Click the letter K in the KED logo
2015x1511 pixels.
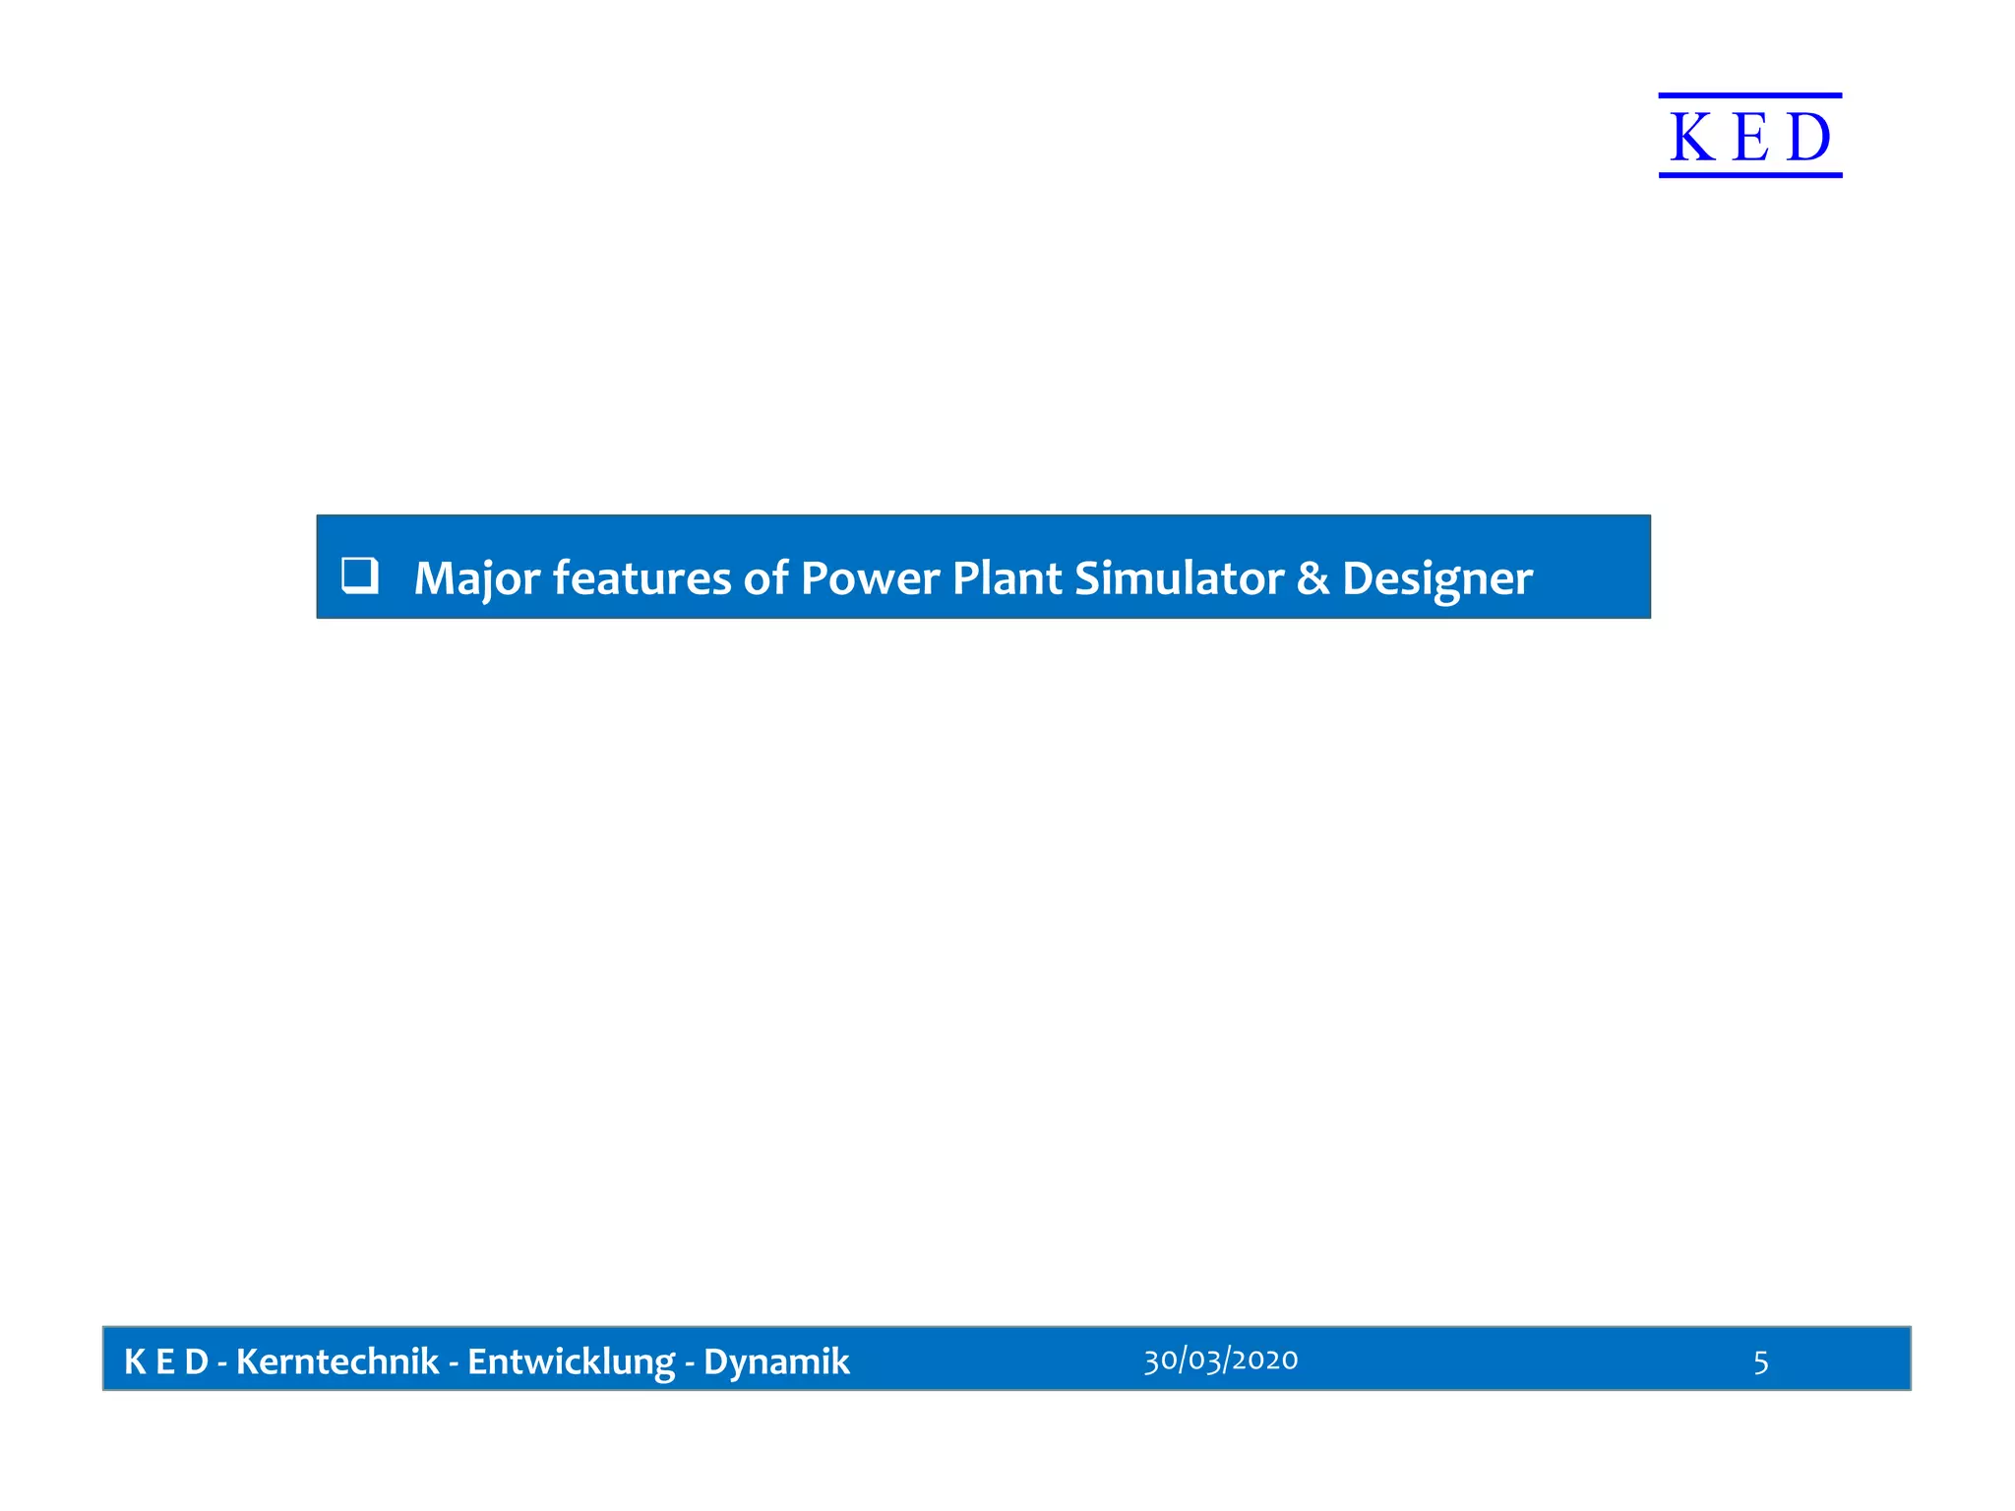(1692, 137)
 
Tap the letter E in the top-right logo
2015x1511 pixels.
(1750, 137)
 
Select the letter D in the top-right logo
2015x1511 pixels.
(1808, 137)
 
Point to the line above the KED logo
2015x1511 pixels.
(1749, 95)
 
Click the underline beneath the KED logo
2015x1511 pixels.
(1749, 175)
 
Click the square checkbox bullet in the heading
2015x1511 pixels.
(359, 574)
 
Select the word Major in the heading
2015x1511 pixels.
(476, 578)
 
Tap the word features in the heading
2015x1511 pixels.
(641, 577)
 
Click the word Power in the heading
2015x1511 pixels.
(870, 577)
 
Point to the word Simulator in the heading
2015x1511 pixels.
(1179, 577)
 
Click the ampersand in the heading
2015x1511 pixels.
(1313, 578)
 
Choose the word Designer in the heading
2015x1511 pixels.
(1436, 578)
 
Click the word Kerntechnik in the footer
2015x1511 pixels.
(337, 1361)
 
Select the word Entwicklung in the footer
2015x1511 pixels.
(571, 1361)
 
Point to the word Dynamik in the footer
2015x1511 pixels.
(776, 1361)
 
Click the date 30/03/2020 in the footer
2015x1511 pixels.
(1220, 1360)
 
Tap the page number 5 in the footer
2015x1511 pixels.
(1760, 1361)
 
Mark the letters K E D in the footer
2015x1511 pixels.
(165, 1361)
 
